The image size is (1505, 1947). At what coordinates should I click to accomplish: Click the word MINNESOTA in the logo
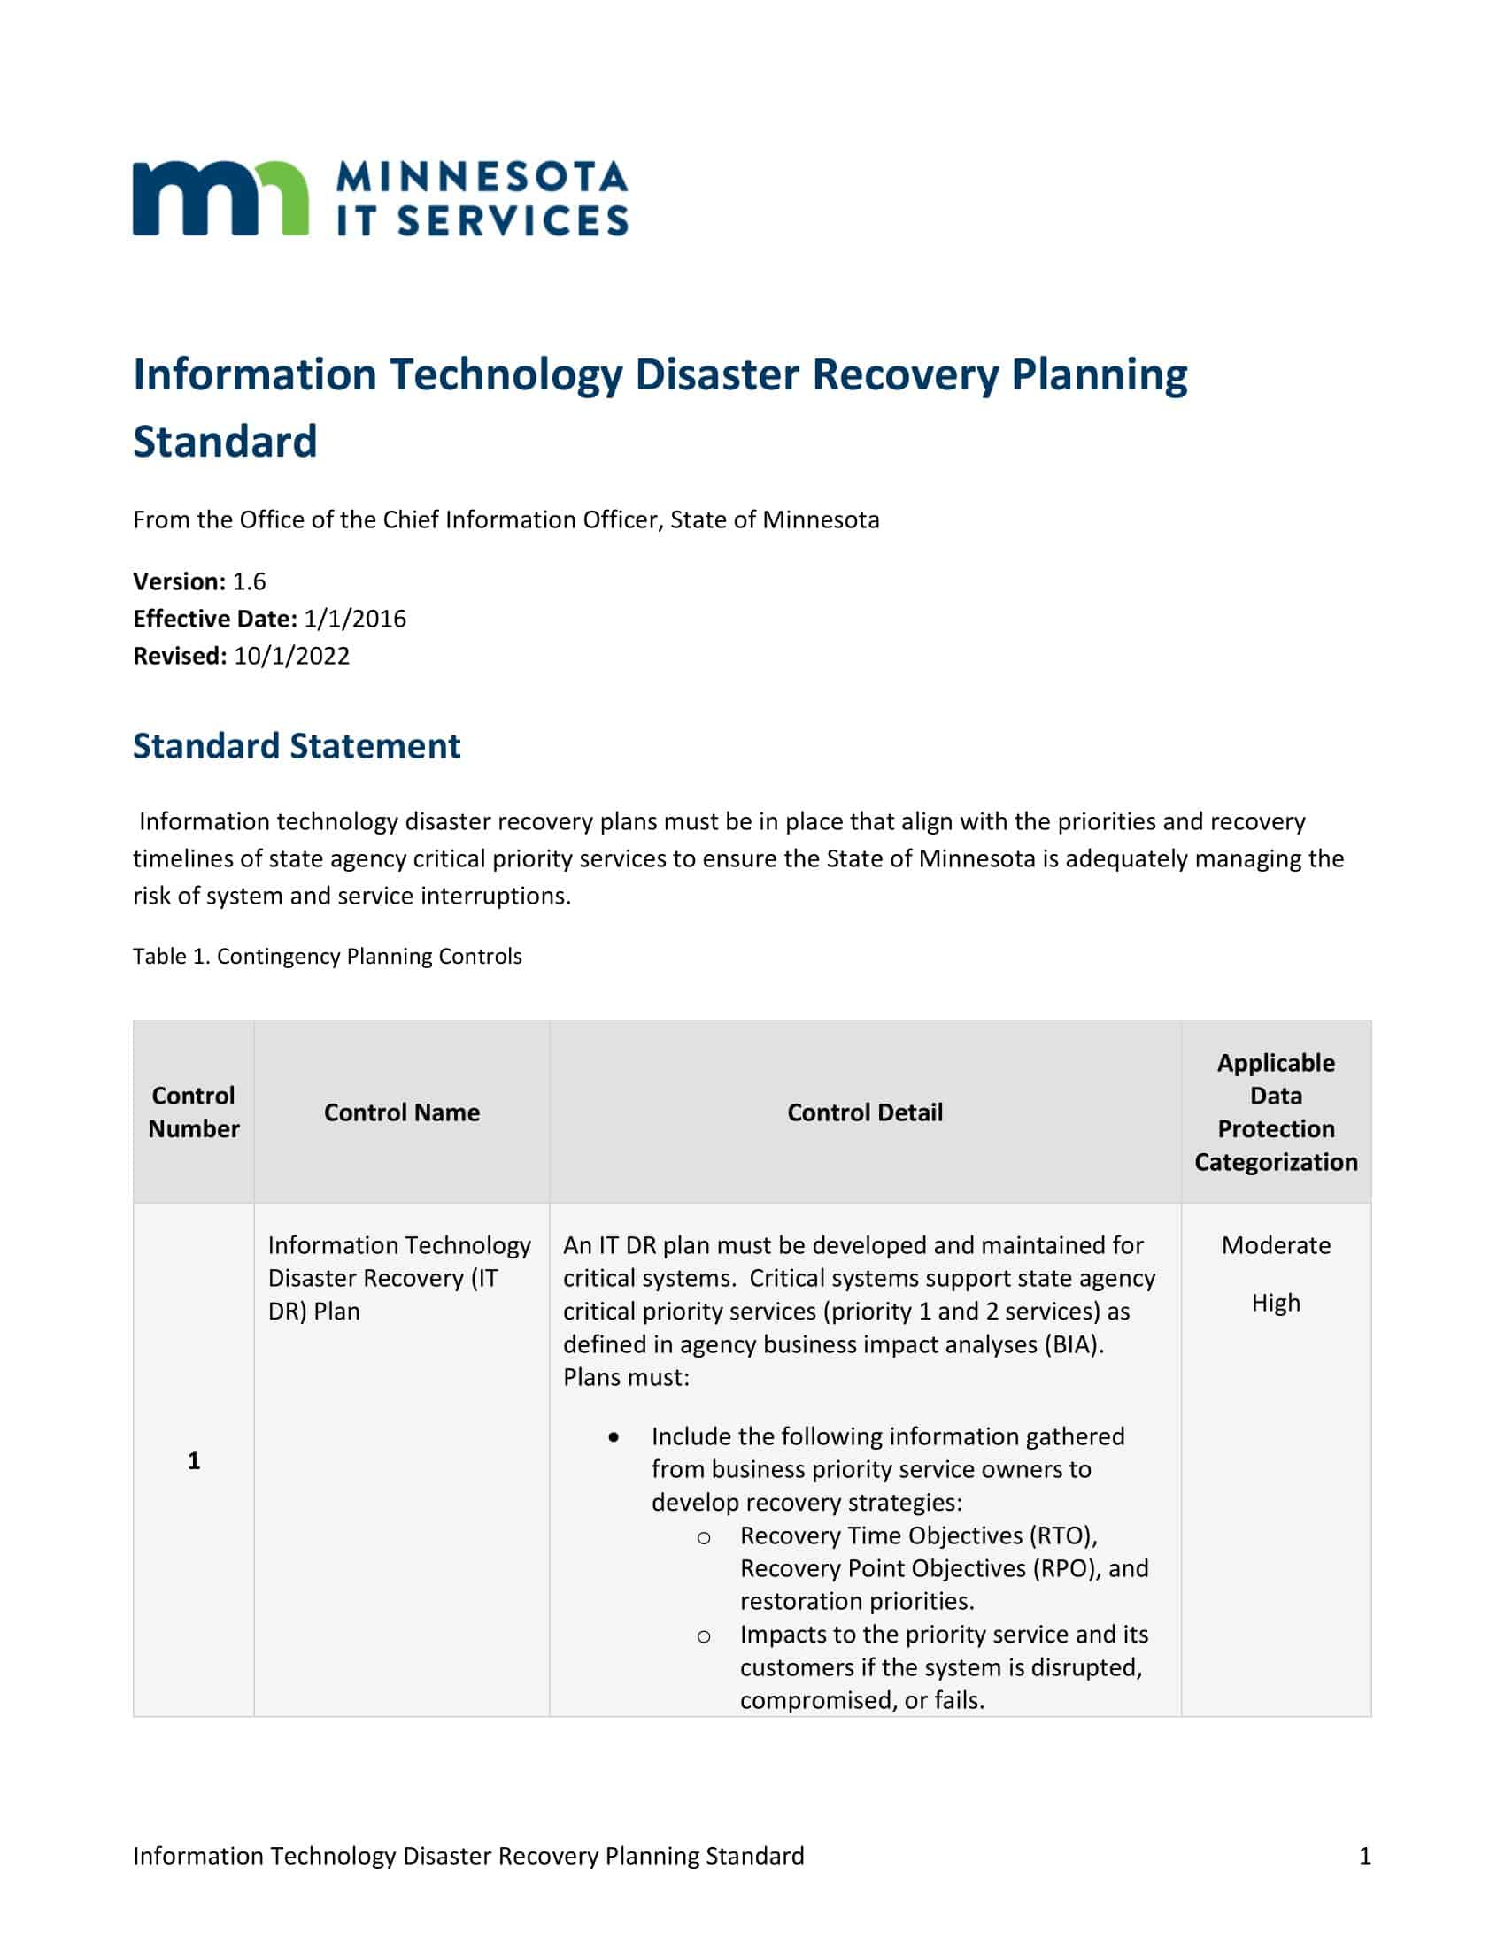(482, 176)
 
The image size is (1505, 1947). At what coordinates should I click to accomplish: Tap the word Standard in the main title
(225, 442)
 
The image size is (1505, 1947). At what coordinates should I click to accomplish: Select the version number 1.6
(249, 581)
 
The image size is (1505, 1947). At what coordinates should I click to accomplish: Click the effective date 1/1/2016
(354, 619)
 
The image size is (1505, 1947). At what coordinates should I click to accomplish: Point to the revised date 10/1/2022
(291, 656)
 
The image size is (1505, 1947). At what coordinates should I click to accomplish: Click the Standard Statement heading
(296, 746)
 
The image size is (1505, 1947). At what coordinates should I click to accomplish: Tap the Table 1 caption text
(328, 957)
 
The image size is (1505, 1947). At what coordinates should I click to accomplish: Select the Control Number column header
(194, 1112)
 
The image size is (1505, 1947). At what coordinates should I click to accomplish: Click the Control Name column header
(401, 1112)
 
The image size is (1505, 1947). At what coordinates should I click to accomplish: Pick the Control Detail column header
(864, 1112)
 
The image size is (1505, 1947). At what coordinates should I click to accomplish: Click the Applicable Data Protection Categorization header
(1275, 1112)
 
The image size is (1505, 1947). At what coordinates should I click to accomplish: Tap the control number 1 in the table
(194, 1460)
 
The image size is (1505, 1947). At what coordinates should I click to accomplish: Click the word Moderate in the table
(1275, 1245)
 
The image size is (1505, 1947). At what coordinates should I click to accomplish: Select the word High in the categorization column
(1275, 1304)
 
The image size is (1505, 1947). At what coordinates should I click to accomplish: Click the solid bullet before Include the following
(614, 1437)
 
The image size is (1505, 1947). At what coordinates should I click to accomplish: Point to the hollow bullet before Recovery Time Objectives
(704, 1537)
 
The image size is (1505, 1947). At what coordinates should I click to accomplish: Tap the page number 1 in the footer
(1364, 1856)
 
